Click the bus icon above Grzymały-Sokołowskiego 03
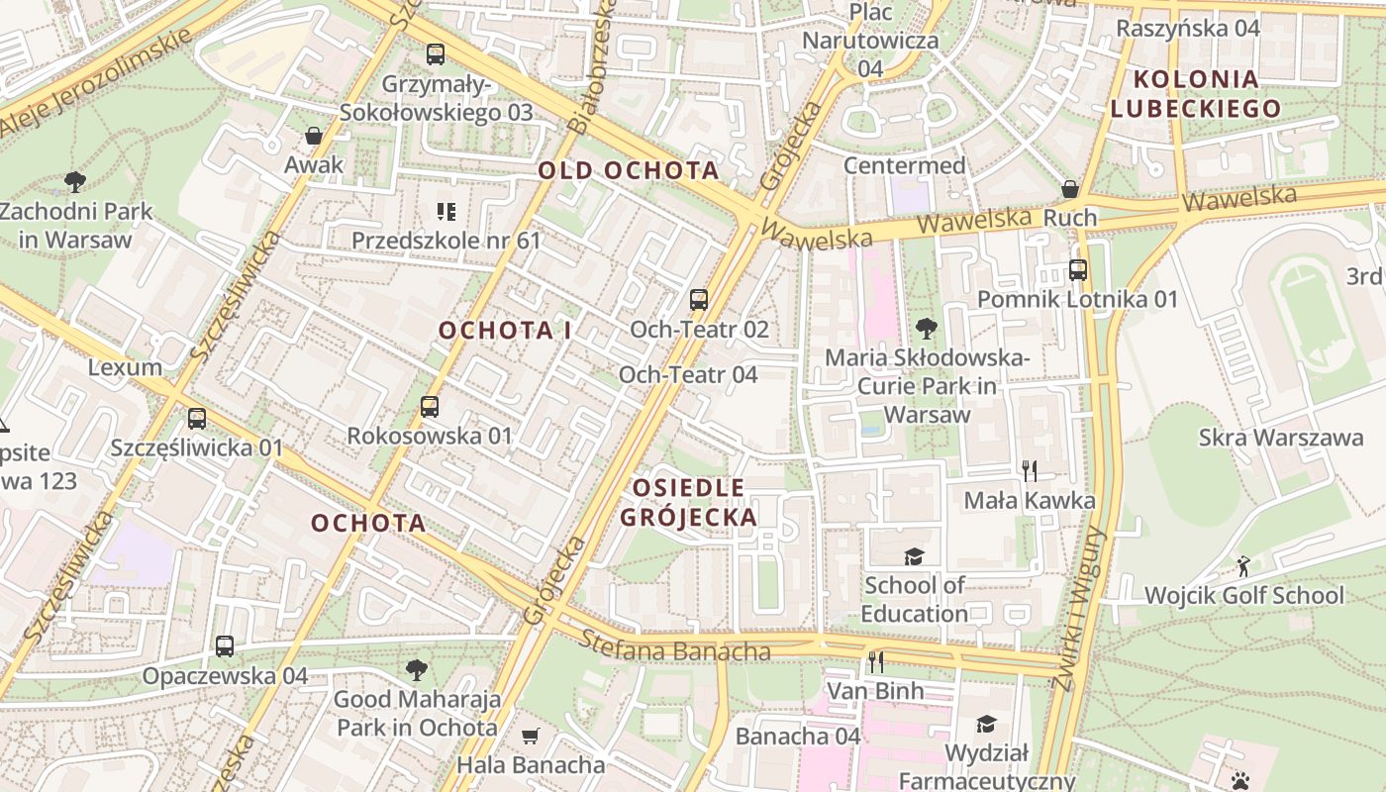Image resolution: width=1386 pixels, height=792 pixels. pos(436,53)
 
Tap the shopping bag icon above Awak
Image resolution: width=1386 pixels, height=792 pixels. pos(314,136)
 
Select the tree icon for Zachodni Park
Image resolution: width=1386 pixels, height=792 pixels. pos(74,181)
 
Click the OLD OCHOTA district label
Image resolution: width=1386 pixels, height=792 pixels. pos(628,170)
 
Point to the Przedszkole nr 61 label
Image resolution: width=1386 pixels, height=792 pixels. pos(446,241)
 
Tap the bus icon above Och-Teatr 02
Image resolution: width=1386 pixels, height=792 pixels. pos(699,299)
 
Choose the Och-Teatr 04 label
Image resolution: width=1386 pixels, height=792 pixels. pos(688,374)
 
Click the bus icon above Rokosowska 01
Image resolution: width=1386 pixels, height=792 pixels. pos(430,406)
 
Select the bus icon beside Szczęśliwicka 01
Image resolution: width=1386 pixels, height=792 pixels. pos(197,418)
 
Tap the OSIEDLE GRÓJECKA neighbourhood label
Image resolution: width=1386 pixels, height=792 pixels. pos(689,502)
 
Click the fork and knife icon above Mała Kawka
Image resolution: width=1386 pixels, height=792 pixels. pos(1030,470)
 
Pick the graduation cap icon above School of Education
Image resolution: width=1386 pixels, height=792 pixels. pos(914,556)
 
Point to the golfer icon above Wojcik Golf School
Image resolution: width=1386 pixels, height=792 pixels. pos(1243,566)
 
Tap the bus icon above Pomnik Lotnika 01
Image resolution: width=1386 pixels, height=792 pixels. pos(1078,269)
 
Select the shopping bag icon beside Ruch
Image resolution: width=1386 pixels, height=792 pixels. pos(1070,188)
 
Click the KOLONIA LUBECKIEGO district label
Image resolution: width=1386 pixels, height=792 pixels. pos(1195,93)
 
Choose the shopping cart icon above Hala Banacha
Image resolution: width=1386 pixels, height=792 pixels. pos(531,736)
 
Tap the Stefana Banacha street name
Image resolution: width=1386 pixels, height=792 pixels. pos(675,648)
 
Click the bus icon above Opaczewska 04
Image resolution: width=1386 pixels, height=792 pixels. pos(225,646)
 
